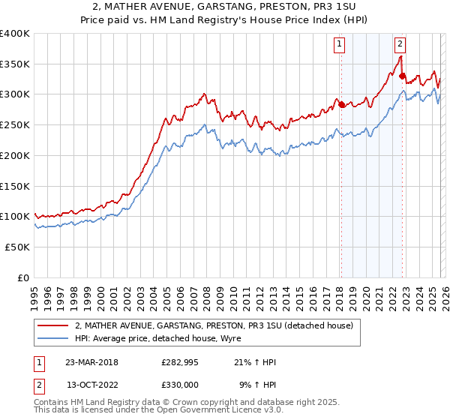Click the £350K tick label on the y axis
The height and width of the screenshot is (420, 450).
point(15,64)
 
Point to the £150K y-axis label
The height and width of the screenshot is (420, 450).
point(15,185)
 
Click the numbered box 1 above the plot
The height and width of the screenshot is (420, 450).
point(340,44)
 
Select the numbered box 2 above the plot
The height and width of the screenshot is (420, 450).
point(400,44)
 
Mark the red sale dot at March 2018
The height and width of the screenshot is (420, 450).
point(341,104)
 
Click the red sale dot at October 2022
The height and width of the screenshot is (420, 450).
point(402,76)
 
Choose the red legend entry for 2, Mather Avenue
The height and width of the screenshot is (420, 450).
point(217,325)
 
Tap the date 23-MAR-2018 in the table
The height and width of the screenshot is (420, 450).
point(91,362)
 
